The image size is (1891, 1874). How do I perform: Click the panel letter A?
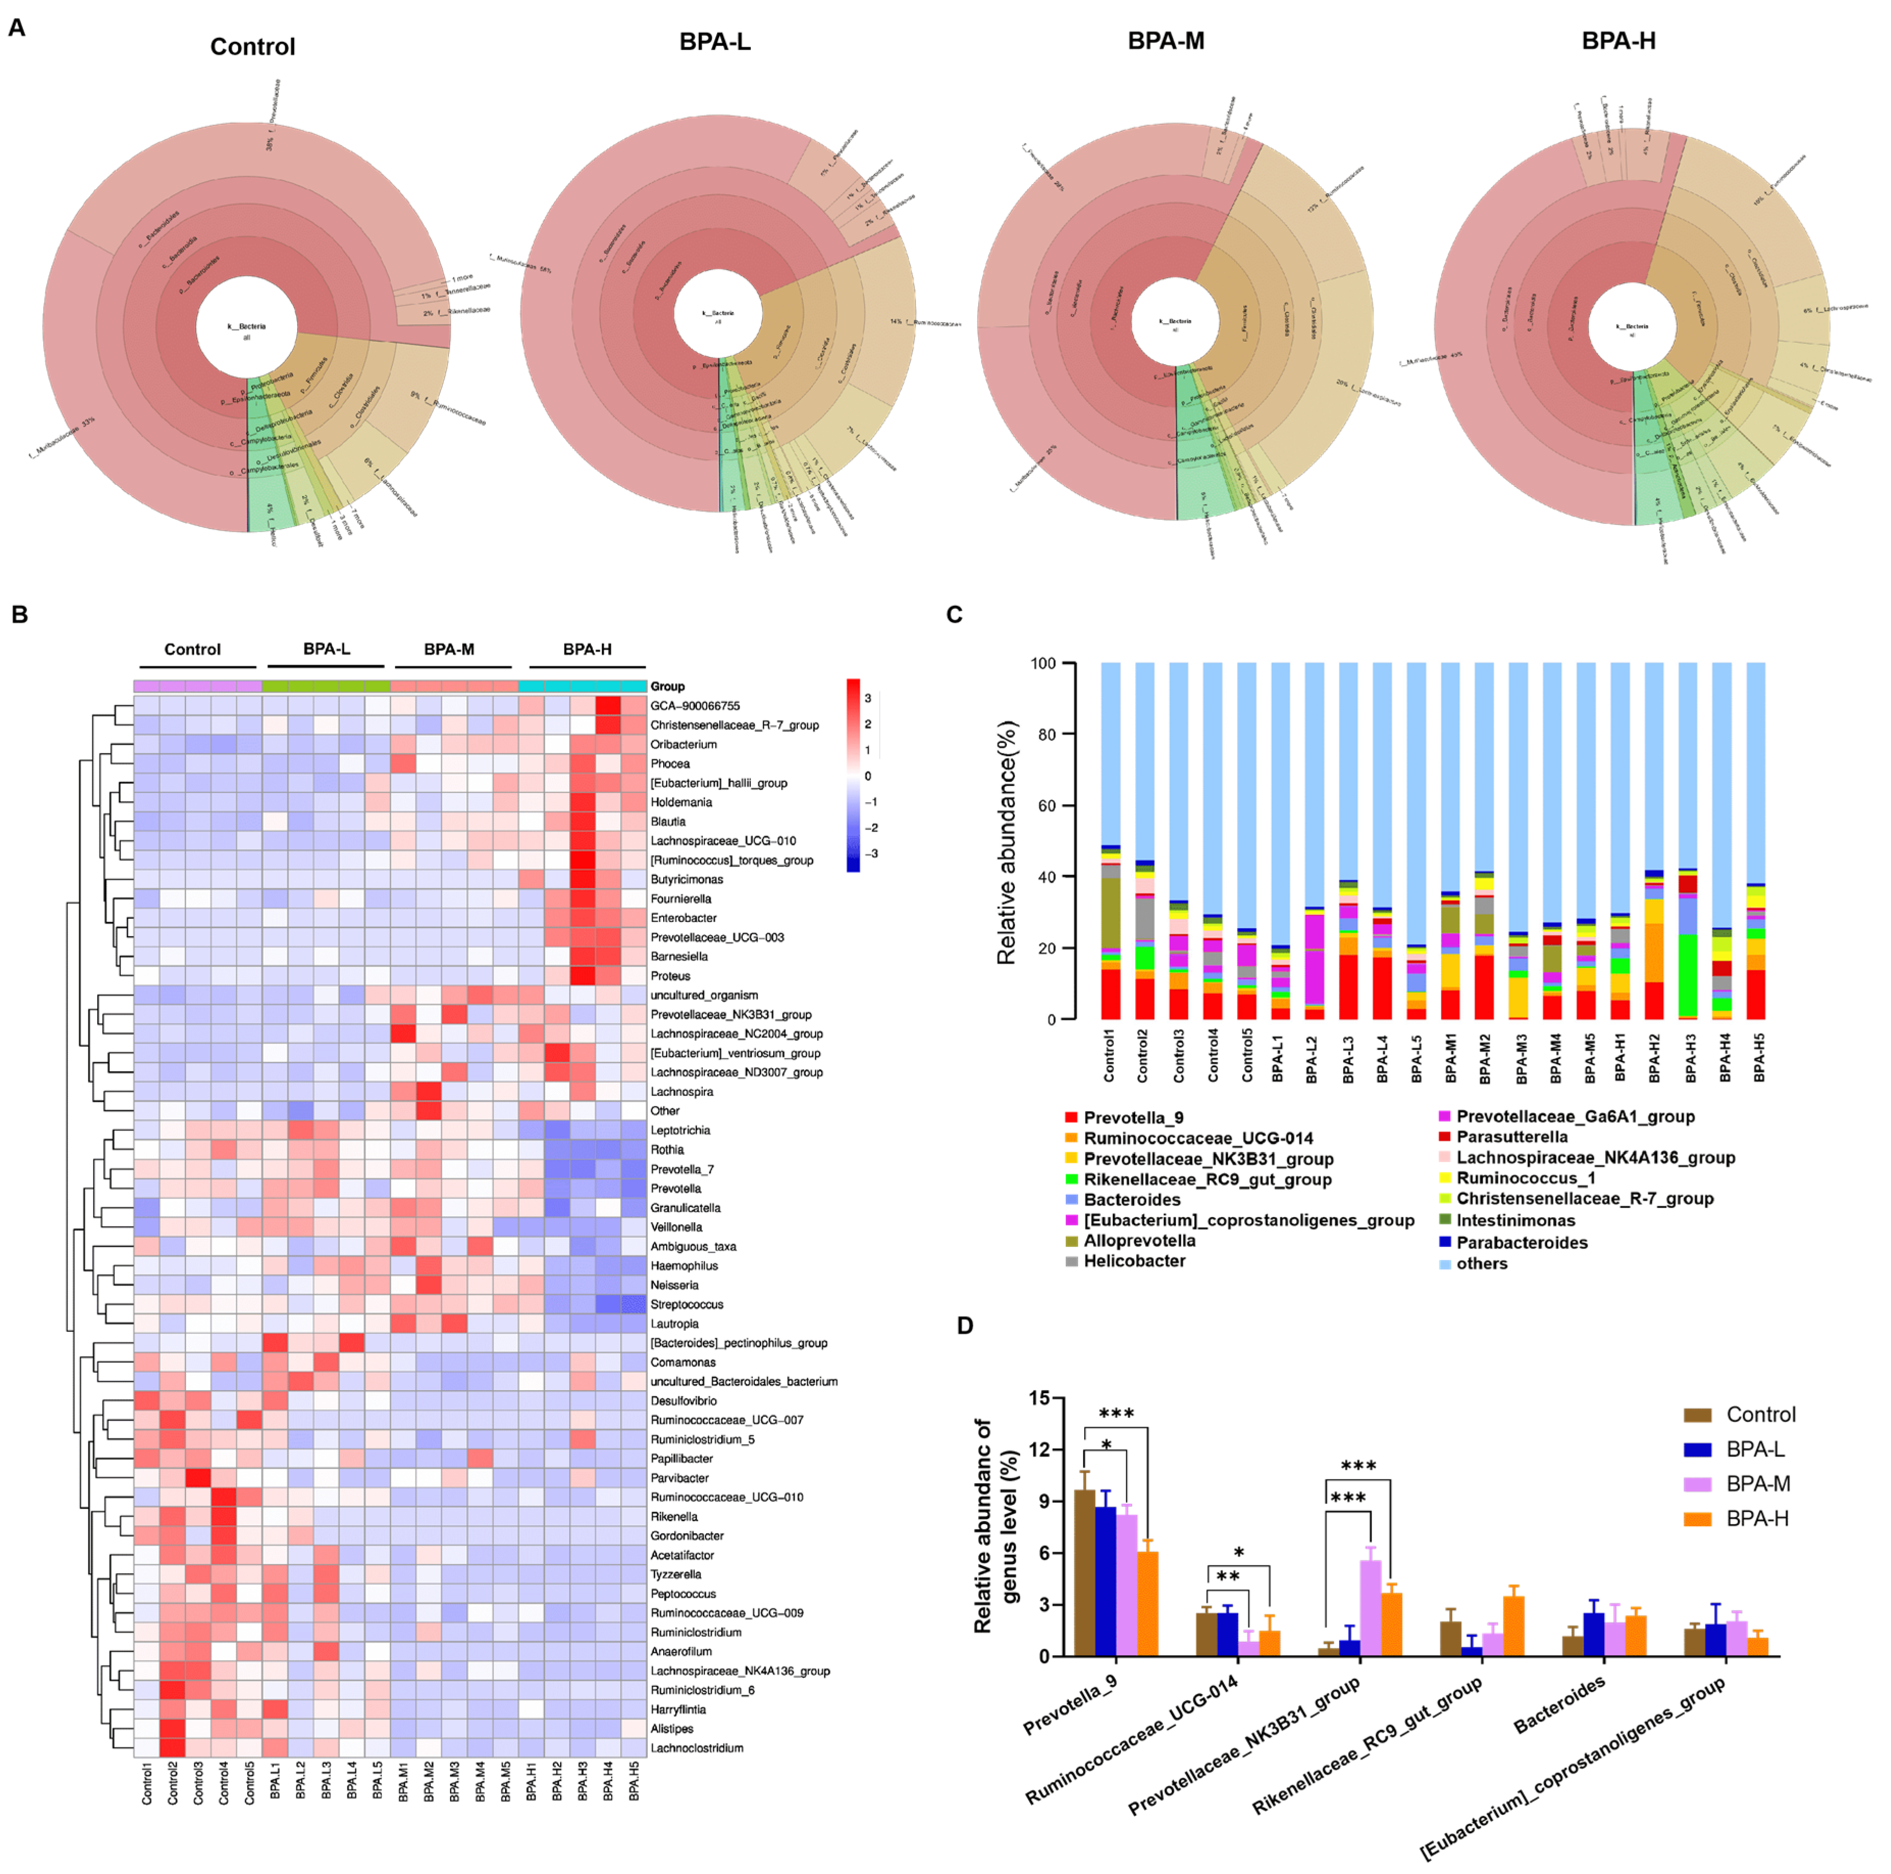click(x=17, y=28)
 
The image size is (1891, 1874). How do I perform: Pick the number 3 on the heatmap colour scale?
click(x=867, y=698)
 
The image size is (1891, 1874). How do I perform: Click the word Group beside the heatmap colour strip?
click(x=668, y=686)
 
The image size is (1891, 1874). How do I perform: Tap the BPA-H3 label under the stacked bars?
click(x=1690, y=1058)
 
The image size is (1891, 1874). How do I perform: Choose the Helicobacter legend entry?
click(x=1134, y=1261)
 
